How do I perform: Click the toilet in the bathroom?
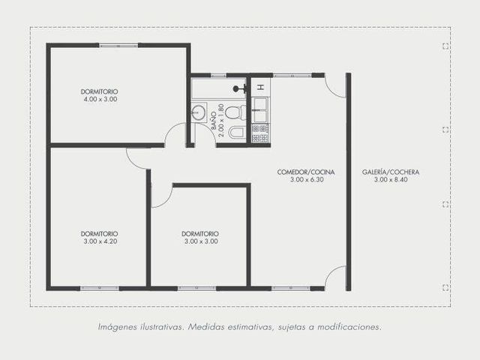[x=235, y=112]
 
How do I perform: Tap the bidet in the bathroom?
[x=237, y=133]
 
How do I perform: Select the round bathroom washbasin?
[x=199, y=112]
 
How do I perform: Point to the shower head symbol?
[x=239, y=88]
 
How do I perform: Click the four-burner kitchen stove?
[x=260, y=133]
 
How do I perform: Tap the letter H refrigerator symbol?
[x=260, y=87]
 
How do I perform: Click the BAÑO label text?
[x=214, y=120]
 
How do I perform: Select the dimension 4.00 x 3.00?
[x=100, y=99]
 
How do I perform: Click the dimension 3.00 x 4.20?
[x=100, y=241]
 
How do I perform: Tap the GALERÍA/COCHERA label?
[x=391, y=172]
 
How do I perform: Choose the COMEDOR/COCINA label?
[x=306, y=172]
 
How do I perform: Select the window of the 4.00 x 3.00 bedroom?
[x=118, y=46]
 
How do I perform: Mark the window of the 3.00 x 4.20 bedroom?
[x=100, y=288]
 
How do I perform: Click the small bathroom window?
[x=218, y=75]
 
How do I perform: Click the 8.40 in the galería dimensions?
[x=401, y=180]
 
